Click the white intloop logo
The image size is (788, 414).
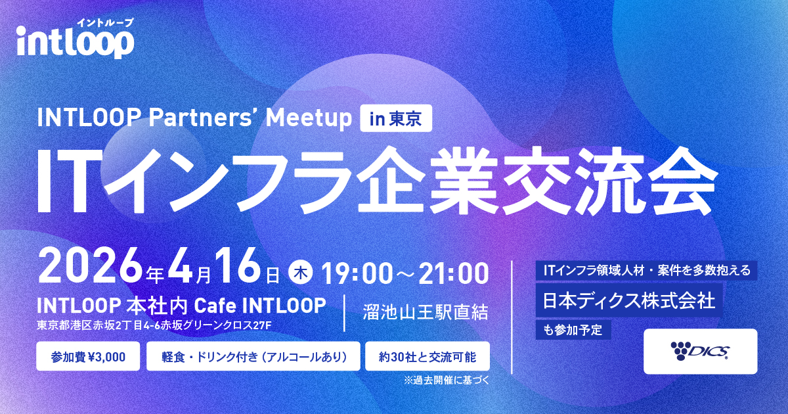pyautogui.click(x=76, y=41)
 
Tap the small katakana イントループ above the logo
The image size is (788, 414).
pyautogui.click(x=105, y=22)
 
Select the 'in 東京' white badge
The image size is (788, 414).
pyautogui.click(x=396, y=118)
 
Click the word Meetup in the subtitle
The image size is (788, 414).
pyautogui.click(x=309, y=118)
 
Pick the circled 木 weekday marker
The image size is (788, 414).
pyautogui.click(x=301, y=274)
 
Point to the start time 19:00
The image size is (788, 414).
pyautogui.click(x=356, y=274)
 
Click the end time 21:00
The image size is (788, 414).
pyautogui.click(x=454, y=274)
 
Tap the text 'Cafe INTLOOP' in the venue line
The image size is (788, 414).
pyautogui.click(x=260, y=306)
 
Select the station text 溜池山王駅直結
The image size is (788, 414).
pyautogui.click(x=426, y=312)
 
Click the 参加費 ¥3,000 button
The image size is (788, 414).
pyautogui.click(x=88, y=356)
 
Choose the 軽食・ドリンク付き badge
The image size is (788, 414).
pyautogui.click(x=253, y=356)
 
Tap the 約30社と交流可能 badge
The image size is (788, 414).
pyautogui.click(x=427, y=356)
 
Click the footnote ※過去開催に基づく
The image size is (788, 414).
pyautogui.click(x=447, y=380)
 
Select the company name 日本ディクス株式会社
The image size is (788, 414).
pyautogui.click(x=628, y=301)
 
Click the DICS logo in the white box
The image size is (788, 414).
pyautogui.click(x=700, y=352)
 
